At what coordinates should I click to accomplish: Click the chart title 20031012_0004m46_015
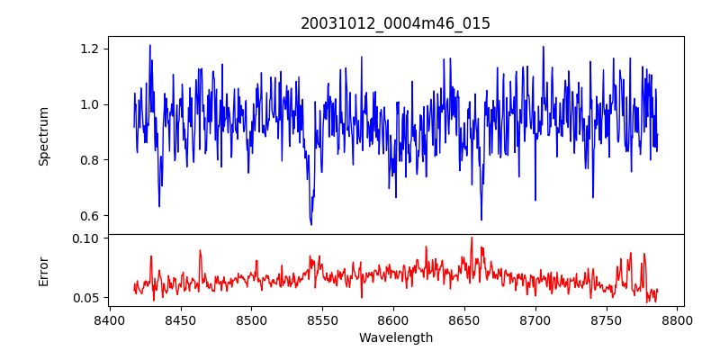(x=395, y=23)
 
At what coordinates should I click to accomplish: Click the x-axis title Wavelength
(x=395, y=338)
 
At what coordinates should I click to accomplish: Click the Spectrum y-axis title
(x=44, y=136)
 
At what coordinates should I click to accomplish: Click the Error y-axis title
(x=44, y=271)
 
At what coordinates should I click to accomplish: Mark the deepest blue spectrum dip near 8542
(x=311, y=223)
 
